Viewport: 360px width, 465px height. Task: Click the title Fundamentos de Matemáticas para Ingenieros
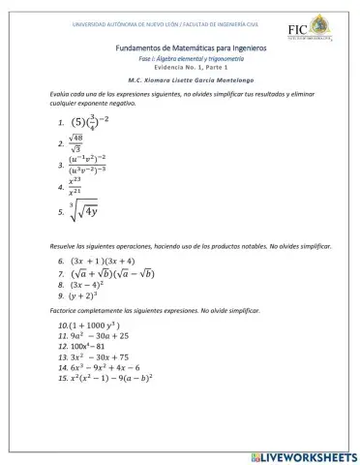(x=177, y=46)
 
